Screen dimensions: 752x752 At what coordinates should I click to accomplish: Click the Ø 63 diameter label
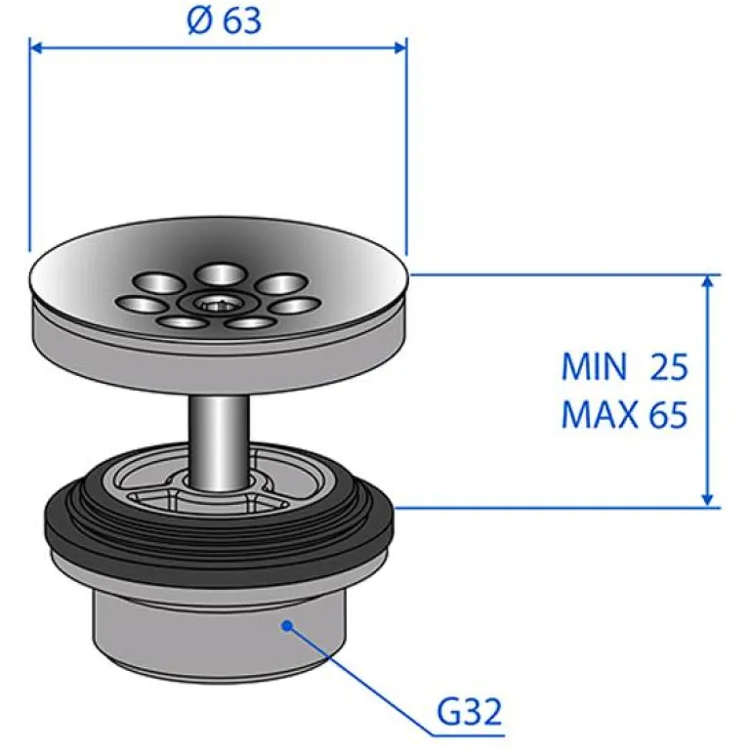(225, 21)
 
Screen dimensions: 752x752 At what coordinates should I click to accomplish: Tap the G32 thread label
(469, 712)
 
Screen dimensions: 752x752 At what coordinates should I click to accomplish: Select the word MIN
(594, 367)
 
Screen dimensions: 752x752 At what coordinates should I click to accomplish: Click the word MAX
(600, 414)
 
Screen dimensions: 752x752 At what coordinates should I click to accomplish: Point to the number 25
(669, 367)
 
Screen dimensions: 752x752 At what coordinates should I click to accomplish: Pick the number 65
(668, 414)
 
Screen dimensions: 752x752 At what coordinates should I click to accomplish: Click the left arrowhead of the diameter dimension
(36, 48)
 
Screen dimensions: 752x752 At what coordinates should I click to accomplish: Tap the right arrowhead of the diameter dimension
(400, 48)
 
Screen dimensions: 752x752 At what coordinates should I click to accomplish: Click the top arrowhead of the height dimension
(707, 283)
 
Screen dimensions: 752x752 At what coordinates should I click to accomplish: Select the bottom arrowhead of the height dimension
(707, 499)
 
